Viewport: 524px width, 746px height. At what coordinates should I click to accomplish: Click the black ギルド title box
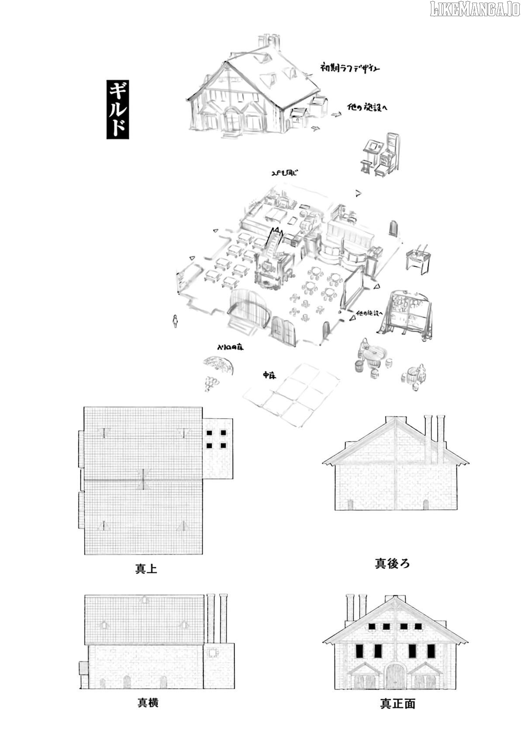coord(117,110)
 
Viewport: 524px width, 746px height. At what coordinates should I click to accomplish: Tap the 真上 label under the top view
coord(146,569)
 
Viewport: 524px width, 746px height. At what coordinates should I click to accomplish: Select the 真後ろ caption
coord(392,563)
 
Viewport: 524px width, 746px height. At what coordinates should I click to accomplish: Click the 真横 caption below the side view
coord(148,703)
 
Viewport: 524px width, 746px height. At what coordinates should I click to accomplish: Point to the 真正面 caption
coord(397,704)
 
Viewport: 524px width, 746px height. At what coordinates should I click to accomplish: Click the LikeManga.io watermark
coord(475,9)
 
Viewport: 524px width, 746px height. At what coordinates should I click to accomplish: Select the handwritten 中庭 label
coord(269,375)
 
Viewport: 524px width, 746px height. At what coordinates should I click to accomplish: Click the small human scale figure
coord(176,321)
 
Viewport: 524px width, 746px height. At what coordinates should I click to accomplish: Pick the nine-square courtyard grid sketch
coord(292,395)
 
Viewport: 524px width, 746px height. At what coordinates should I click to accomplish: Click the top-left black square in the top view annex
coord(209,433)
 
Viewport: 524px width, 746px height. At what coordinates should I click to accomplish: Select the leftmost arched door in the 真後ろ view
coord(350,505)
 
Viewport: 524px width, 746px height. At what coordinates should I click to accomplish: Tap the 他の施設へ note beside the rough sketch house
coord(367,108)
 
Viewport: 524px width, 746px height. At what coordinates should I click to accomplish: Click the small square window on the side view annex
coord(213,653)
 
